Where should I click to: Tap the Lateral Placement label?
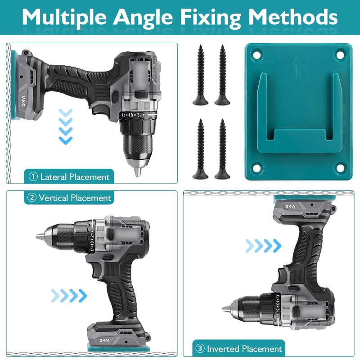[x=70, y=177]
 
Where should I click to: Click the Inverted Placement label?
[x=239, y=349]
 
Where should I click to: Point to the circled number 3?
[x=200, y=349]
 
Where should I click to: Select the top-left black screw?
[x=200, y=74]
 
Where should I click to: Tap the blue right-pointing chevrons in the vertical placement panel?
[x=69, y=296]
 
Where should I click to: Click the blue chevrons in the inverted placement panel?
[x=264, y=245]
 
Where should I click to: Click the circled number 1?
[x=33, y=177]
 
